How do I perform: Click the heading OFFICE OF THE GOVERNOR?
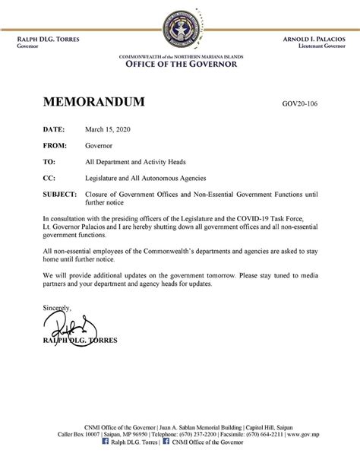pos(180,64)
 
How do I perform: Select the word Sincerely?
pos(58,307)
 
